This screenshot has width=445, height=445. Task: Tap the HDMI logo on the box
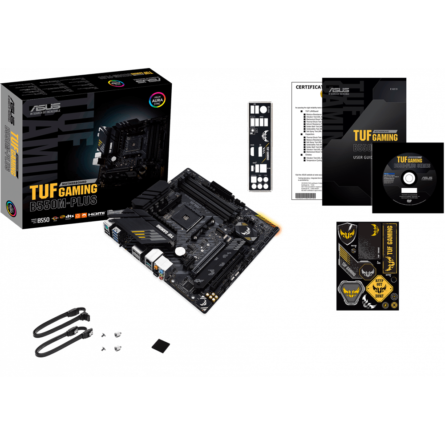(x=96, y=214)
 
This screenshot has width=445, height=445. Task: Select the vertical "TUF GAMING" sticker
(x=390, y=246)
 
